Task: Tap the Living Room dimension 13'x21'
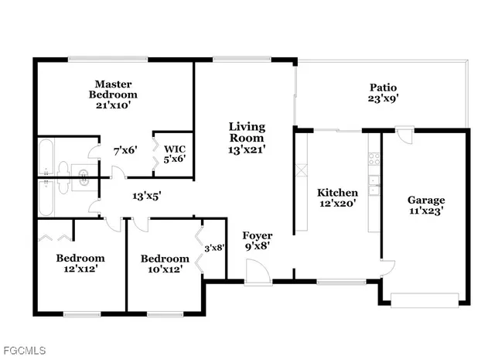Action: point(247,151)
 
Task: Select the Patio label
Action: point(383,87)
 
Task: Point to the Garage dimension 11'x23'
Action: point(426,209)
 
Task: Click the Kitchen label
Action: point(338,193)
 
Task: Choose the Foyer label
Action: point(257,235)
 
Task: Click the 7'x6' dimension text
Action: point(125,150)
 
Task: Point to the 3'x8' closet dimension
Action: point(213,248)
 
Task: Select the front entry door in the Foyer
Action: point(256,271)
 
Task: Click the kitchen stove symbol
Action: point(374,159)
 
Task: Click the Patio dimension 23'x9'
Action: point(383,98)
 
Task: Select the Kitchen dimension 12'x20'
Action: point(338,204)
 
